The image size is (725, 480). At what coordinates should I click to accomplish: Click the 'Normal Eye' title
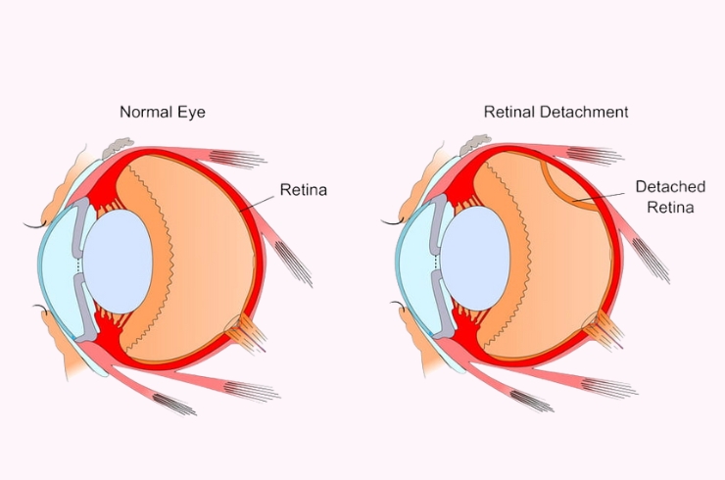(163, 112)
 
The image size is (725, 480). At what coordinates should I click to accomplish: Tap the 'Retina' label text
(303, 188)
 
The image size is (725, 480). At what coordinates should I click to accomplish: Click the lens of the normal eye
(118, 259)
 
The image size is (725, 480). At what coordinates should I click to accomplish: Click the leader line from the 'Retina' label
(258, 200)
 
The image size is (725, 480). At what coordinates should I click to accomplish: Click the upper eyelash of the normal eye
(37, 226)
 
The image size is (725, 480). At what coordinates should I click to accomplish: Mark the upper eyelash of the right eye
(395, 226)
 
